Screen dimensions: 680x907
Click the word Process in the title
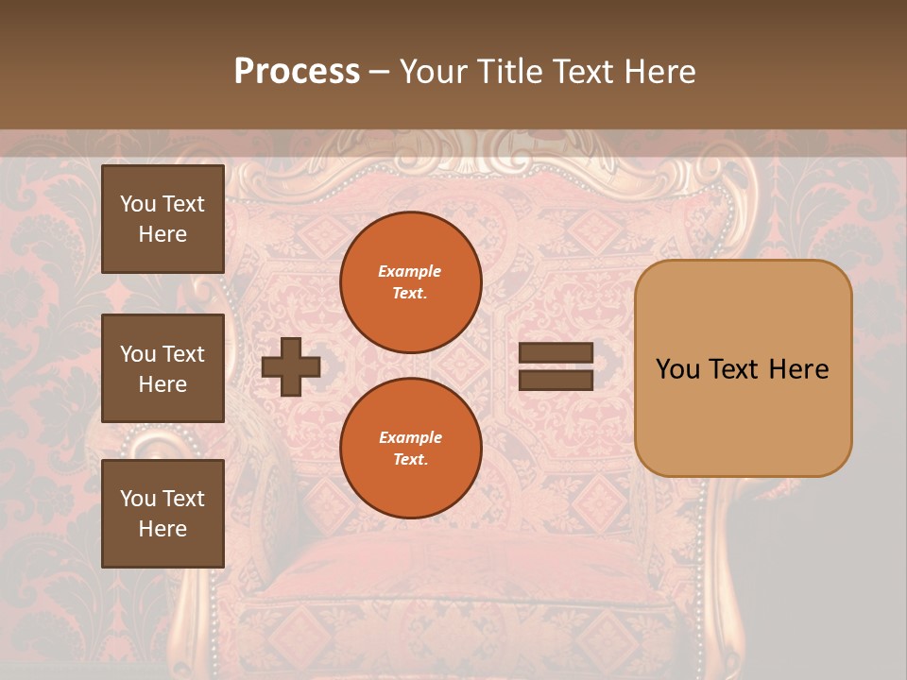tap(297, 72)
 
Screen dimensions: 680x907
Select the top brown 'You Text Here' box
tap(163, 219)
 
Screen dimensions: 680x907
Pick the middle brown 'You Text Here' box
tap(163, 368)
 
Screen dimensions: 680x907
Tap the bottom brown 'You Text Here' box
tap(163, 514)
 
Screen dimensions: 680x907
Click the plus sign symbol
tap(291, 366)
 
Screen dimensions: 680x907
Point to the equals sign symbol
tap(556, 366)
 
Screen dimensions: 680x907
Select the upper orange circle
tap(411, 282)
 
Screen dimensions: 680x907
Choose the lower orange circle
tap(411, 449)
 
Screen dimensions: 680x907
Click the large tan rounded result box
tap(743, 368)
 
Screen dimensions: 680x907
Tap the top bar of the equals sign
tap(556, 353)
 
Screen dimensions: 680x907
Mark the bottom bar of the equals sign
tap(556, 380)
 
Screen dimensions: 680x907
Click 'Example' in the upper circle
tap(410, 271)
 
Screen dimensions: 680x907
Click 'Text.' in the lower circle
tap(410, 459)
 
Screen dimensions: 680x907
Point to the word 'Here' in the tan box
tap(798, 369)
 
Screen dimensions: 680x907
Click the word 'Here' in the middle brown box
tap(163, 384)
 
